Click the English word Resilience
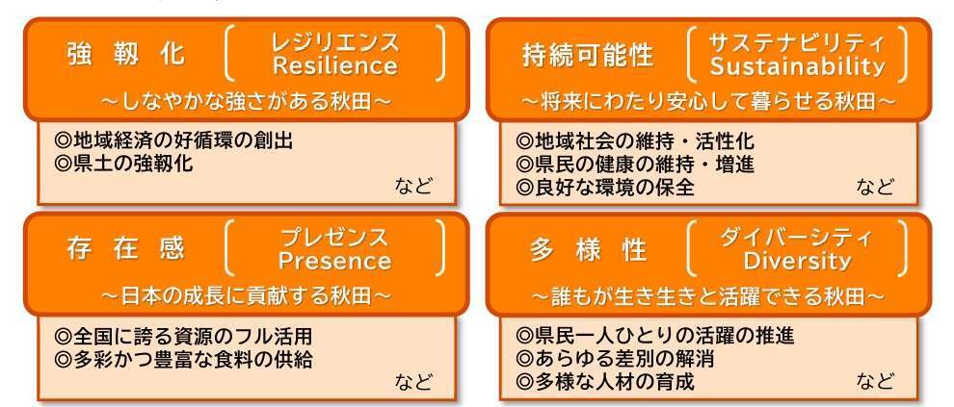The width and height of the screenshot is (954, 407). (335, 65)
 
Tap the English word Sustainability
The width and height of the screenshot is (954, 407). (797, 66)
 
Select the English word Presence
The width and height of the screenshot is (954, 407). (334, 261)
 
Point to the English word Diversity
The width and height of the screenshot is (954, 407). (796, 261)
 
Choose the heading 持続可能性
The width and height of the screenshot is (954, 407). (588, 55)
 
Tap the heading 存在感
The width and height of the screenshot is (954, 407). (126, 249)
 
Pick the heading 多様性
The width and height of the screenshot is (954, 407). (588, 249)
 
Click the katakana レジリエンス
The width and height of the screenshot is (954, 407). (335, 42)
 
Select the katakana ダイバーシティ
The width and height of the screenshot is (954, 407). (796, 237)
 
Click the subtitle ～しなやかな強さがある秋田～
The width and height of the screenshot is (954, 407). (246, 101)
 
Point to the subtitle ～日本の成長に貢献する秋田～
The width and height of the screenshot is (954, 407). (246, 295)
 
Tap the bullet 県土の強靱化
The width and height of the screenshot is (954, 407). (123, 164)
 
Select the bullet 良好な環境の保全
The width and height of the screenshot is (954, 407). (605, 187)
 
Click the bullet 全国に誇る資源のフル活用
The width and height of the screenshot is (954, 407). (183, 336)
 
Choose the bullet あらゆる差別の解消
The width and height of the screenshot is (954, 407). (615, 358)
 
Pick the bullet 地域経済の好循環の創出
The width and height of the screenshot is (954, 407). (173, 140)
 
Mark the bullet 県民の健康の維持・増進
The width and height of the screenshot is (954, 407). (635, 164)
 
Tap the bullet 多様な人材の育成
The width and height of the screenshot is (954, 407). (605, 381)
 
